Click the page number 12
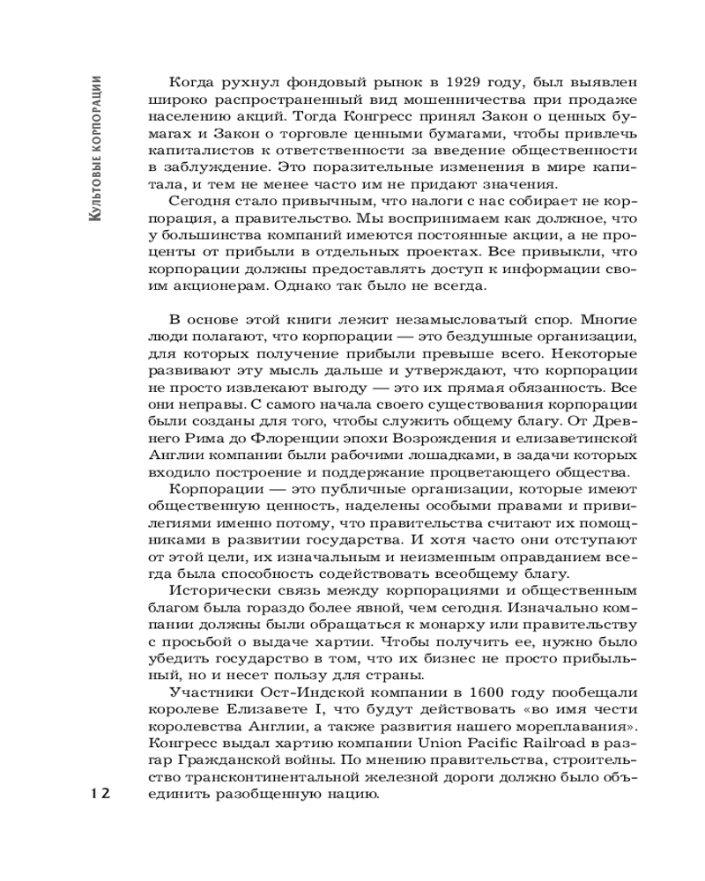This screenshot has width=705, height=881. tap(98, 794)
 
